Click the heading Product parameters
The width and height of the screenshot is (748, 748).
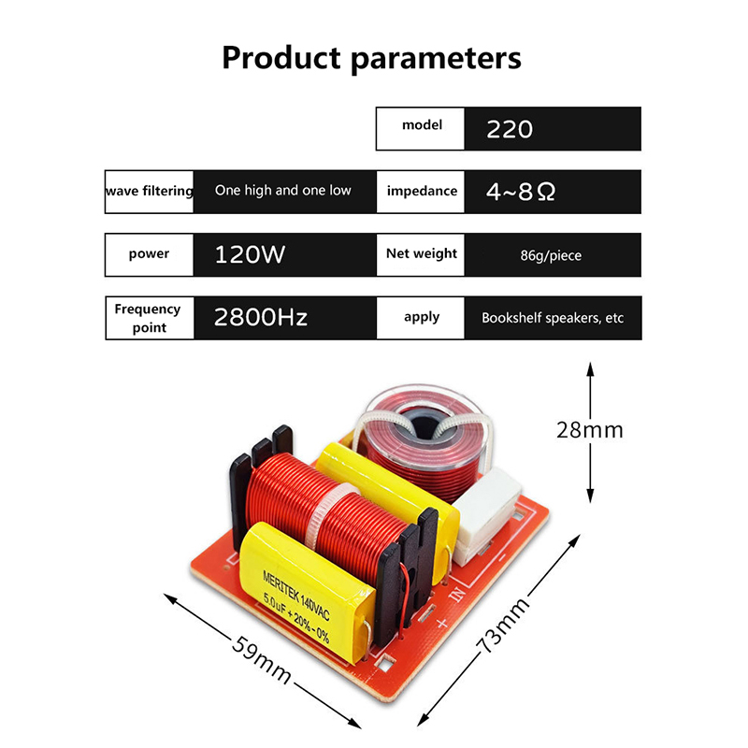point(371,58)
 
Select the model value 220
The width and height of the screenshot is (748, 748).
point(510,129)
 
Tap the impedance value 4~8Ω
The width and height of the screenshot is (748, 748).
point(521,192)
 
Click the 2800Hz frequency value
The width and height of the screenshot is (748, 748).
point(261,317)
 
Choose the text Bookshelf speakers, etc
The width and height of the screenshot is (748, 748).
point(552,318)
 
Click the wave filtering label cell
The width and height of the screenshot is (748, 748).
point(150,191)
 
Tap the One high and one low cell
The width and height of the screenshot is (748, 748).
point(283,191)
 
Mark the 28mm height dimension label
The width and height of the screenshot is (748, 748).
point(589,431)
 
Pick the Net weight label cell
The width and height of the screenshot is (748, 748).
point(421,253)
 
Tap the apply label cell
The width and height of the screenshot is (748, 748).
point(421,317)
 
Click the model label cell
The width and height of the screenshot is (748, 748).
point(421,125)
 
